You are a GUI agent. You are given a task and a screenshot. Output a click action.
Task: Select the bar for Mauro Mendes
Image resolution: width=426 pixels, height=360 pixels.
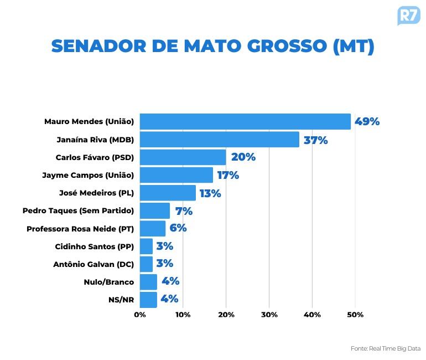pos(245,122)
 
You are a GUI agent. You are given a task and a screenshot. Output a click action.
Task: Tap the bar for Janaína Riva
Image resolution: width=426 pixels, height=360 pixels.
pos(219,140)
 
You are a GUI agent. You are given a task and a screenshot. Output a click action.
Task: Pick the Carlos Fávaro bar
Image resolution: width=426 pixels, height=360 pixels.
pos(183,157)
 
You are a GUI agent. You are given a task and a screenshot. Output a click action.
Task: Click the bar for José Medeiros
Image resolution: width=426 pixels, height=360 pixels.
pos(168,193)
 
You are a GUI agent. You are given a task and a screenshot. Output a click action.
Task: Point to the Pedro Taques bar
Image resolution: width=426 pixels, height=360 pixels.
pos(155,210)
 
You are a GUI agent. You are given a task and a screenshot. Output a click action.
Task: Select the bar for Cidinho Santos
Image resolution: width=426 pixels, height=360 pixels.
pos(146,246)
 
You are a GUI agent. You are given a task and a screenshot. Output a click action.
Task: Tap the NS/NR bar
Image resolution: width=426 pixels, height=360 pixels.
pos(148,299)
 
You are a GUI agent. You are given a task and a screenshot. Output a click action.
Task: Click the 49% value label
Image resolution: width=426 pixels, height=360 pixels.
pos(367,122)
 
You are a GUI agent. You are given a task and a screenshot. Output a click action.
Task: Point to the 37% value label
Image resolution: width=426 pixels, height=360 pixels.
pos(315,140)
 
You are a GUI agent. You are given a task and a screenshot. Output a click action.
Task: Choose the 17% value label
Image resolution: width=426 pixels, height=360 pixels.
pos(227,176)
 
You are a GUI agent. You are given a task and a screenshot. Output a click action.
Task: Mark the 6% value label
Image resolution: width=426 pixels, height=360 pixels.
pos(178,228)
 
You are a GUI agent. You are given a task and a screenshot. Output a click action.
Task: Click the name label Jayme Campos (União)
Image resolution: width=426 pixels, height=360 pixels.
pos(88,175)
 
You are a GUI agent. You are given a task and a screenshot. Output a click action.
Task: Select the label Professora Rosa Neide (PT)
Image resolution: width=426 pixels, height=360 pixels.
pos(80,228)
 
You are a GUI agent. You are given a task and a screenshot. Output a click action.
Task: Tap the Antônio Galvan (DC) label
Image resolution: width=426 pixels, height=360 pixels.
pos(93,264)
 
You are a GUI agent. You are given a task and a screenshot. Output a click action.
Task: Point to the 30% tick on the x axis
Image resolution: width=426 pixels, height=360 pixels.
pos(269,315)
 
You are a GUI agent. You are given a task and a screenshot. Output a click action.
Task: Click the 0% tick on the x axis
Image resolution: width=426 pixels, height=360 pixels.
pos(140,315)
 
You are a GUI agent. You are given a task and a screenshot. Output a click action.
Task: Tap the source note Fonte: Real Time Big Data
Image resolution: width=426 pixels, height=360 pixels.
pos(385,348)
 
